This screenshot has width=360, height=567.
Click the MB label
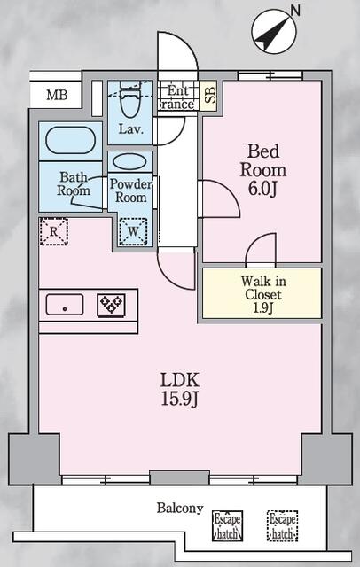click(x=57, y=95)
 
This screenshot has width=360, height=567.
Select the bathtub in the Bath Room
click(x=71, y=141)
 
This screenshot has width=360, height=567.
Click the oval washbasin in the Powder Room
click(x=129, y=162)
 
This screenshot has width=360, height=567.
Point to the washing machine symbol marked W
click(x=133, y=232)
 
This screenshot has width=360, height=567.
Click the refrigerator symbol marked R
click(x=53, y=232)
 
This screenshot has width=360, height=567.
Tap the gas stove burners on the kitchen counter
click(x=111, y=304)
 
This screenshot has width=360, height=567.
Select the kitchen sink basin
click(x=65, y=304)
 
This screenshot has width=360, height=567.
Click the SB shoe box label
click(x=209, y=95)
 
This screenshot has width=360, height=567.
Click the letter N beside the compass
click(x=295, y=11)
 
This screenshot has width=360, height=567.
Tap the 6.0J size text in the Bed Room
click(x=262, y=189)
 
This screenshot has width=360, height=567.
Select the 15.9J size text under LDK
click(x=180, y=400)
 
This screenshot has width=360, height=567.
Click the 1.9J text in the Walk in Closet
click(x=262, y=307)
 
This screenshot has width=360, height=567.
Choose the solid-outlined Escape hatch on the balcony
click(x=228, y=525)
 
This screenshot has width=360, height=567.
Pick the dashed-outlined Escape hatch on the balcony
click(x=283, y=525)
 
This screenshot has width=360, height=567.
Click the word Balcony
click(x=180, y=508)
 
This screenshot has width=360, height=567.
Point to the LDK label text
click(x=180, y=381)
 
